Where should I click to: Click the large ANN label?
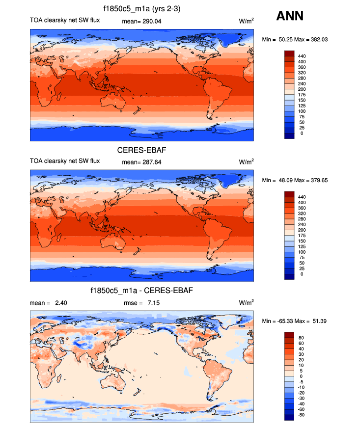pos(290,16)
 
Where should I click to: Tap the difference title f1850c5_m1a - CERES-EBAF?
pos(141,291)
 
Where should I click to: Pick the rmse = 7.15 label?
pos(141,303)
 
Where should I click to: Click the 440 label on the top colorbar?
pos(302,56)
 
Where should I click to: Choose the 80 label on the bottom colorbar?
pos(301,338)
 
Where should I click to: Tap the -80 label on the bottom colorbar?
pos(302,415)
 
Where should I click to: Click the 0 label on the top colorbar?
pos(301,134)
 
